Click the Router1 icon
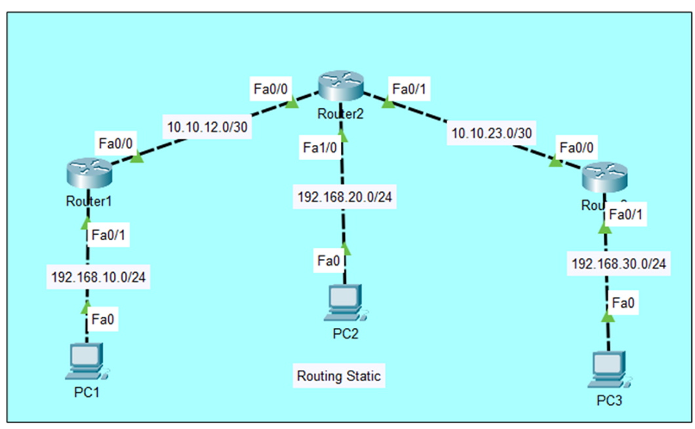(89, 171)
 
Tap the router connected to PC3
(605, 175)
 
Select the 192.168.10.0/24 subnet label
(98, 277)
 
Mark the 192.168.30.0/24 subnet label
(620, 264)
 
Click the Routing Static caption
(338, 376)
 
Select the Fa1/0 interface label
(320, 147)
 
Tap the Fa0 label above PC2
(328, 261)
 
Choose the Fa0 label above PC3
(624, 303)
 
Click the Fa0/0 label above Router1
(116, 142)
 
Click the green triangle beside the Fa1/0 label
(342, 136)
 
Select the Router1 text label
(89, 201)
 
